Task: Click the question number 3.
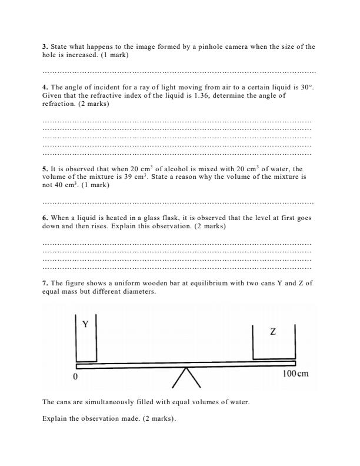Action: pyautogui.click(x=45, y=46)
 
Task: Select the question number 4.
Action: pyautogui.click(x=45, y=87)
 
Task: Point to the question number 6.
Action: pyautogui.click(x=45, y=218)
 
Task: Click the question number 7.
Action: pyautogui.click(x=45, y=283)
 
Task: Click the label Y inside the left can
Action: pyautogui.click(x=85, y=324)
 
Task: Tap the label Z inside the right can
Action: pyautogui.click(x=272, y=332)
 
